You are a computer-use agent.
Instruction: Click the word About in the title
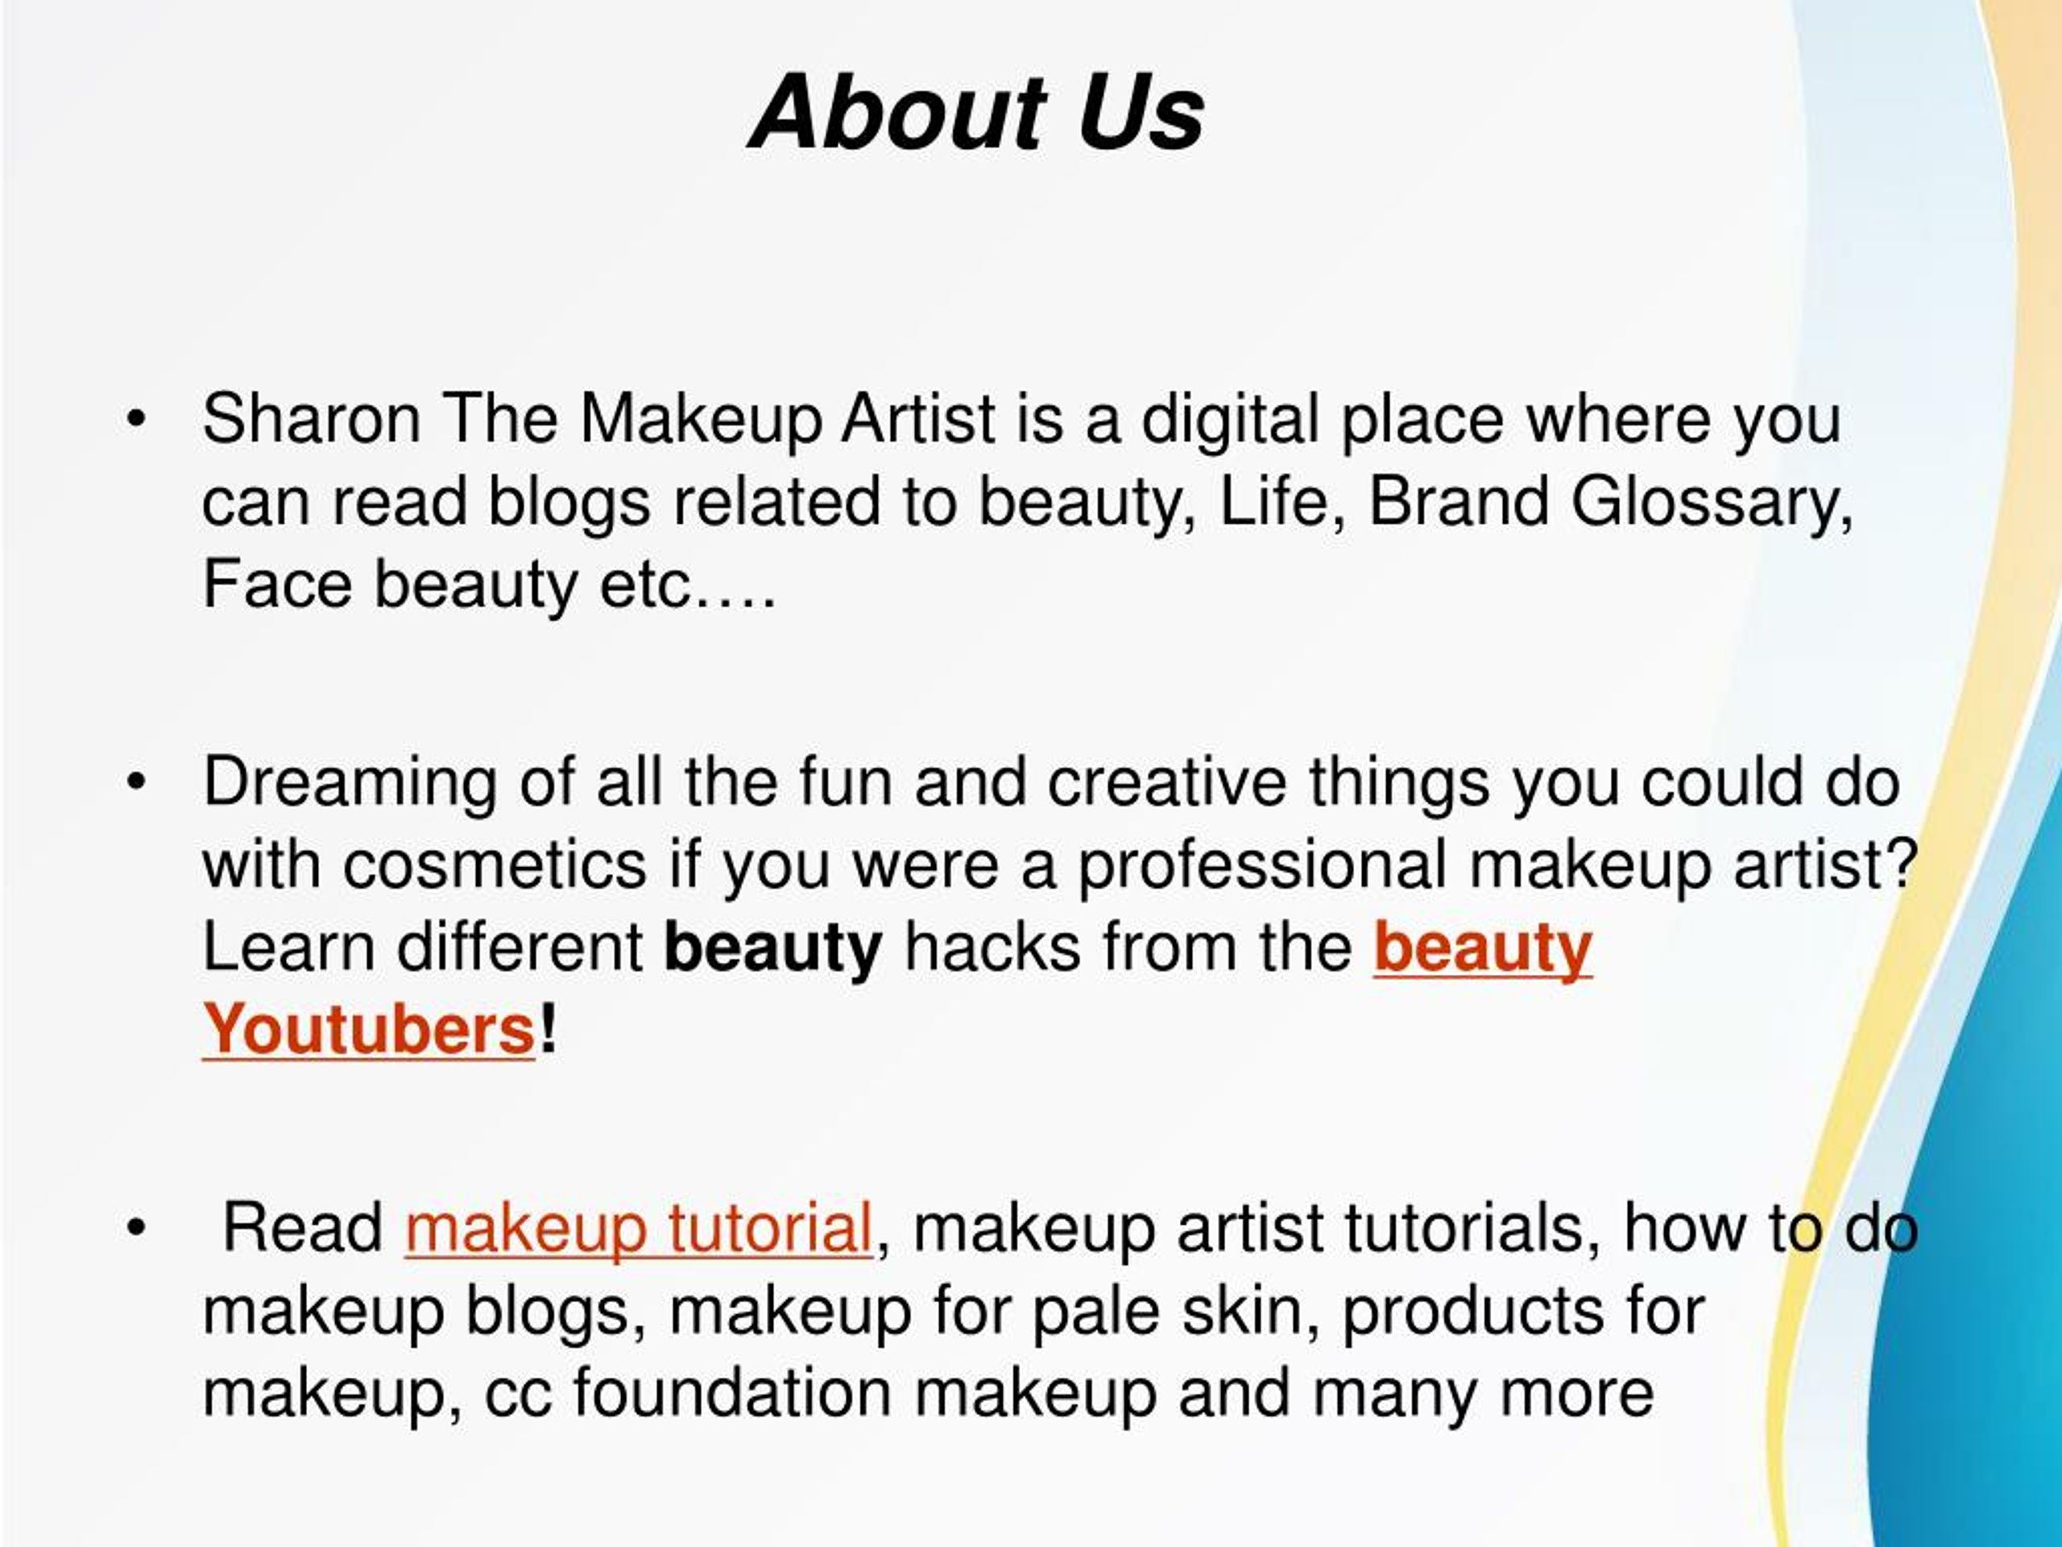(900, 113)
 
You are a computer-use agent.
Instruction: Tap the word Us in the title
(1140, 113)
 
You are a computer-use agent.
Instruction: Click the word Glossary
(1712, 502)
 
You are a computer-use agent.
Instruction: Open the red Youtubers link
(368, 1030)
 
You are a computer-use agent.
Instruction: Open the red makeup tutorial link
(639, 1227)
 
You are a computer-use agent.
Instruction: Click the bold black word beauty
(772, 948)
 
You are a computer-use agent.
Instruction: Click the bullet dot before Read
(136, 1227)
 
